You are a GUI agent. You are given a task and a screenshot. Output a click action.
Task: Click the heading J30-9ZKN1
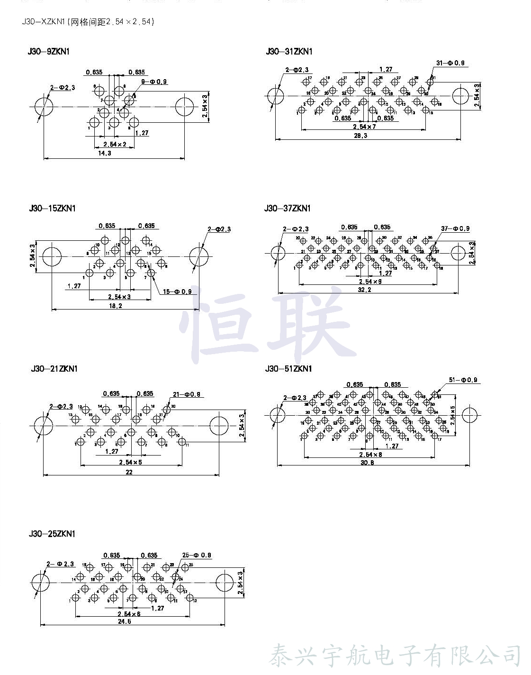click(49, 51)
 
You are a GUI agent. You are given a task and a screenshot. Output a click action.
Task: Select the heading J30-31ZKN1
click(289, 51)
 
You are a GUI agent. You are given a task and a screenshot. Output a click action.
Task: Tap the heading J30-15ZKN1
click(52, 208)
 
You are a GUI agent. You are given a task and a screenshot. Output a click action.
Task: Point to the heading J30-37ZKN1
click(288, 208)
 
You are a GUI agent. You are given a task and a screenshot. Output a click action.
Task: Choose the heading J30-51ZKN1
click(288, 368)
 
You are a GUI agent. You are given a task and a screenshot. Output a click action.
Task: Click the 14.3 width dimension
click(104, 153)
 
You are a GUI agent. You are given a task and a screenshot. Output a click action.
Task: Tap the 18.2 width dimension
click(115, 306)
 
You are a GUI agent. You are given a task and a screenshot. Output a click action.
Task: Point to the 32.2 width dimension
click(364, 290)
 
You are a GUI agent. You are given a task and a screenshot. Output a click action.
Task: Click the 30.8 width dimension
click(367, 462)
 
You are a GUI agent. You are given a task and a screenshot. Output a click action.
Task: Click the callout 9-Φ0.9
click(154, 82)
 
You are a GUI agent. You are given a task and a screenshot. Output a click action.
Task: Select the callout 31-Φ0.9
click(450, 63)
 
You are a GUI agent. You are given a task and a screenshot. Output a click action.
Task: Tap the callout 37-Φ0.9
click(455, 228)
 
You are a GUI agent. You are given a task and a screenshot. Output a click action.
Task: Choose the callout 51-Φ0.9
click(463, 380)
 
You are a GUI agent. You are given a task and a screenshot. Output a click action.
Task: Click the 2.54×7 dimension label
click(364, 127)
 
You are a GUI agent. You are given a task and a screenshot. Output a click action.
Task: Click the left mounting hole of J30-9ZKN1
click(44, 107)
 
